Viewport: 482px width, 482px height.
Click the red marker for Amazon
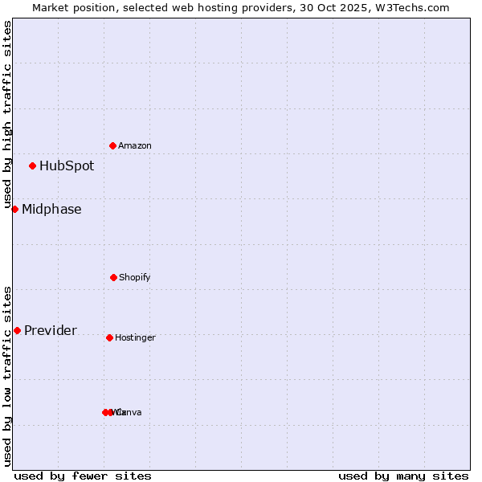coord(112,145)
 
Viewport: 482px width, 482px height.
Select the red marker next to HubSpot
coord(32,166)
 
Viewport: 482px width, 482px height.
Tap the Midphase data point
coord(14,209)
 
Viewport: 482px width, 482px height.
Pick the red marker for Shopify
coord(113,277)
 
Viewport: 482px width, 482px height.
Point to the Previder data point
coord(17,330)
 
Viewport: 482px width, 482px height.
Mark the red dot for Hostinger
coord(109,337)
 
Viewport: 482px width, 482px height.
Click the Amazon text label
coord(135,145)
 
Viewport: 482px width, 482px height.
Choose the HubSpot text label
coord(67,166)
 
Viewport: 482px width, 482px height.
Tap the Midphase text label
coord(51,210)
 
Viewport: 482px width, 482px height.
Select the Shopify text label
coord(135,277)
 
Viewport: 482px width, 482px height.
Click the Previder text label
coord(51,331)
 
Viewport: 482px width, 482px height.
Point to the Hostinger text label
coord(135,337)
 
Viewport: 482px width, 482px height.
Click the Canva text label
coord(129,412)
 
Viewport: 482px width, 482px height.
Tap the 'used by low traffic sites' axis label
coord(7,376)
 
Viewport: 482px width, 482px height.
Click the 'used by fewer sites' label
coord(83,476)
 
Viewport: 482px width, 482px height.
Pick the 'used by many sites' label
coord(403,476)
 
